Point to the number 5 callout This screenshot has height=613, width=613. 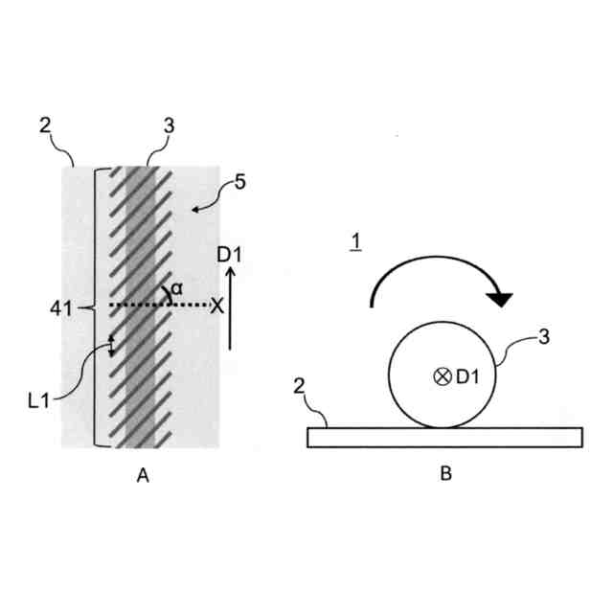(x=240, y=181)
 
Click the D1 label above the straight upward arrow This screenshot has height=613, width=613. (x=230, y=255)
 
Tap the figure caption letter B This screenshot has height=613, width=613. (x=445, y=473)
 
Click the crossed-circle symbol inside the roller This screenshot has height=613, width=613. (x=442, y=376)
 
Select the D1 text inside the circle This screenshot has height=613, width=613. (x=467, y=376)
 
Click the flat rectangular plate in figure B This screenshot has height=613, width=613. (x=443, y=437)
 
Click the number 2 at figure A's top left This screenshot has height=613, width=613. (x=45, y=125)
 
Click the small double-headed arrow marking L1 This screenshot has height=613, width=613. (x=111, y=346)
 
